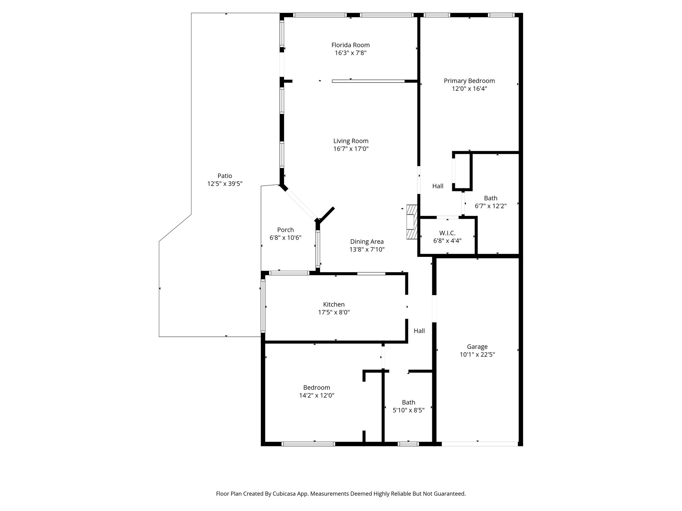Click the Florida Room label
coord(350,45)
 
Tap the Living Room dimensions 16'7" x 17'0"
coord(351,149)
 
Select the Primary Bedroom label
coord(469,81)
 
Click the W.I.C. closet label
coord(447,233)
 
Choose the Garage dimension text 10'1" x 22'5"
coord(477,355)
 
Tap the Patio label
coord(225,176)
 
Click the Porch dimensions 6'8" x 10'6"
coord(285,238)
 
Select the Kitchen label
coord(334,304)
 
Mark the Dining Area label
coord(367,242)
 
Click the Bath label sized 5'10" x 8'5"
coord(408,402)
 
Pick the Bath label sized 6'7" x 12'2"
coord(491,198)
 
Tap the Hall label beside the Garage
coord(419,331)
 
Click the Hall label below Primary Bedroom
coord(438,186)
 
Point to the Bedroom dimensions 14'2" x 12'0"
coord(316,396)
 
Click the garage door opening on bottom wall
coord(480,444)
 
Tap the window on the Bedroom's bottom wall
coord(308,444)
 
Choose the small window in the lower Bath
coord(408,444)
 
